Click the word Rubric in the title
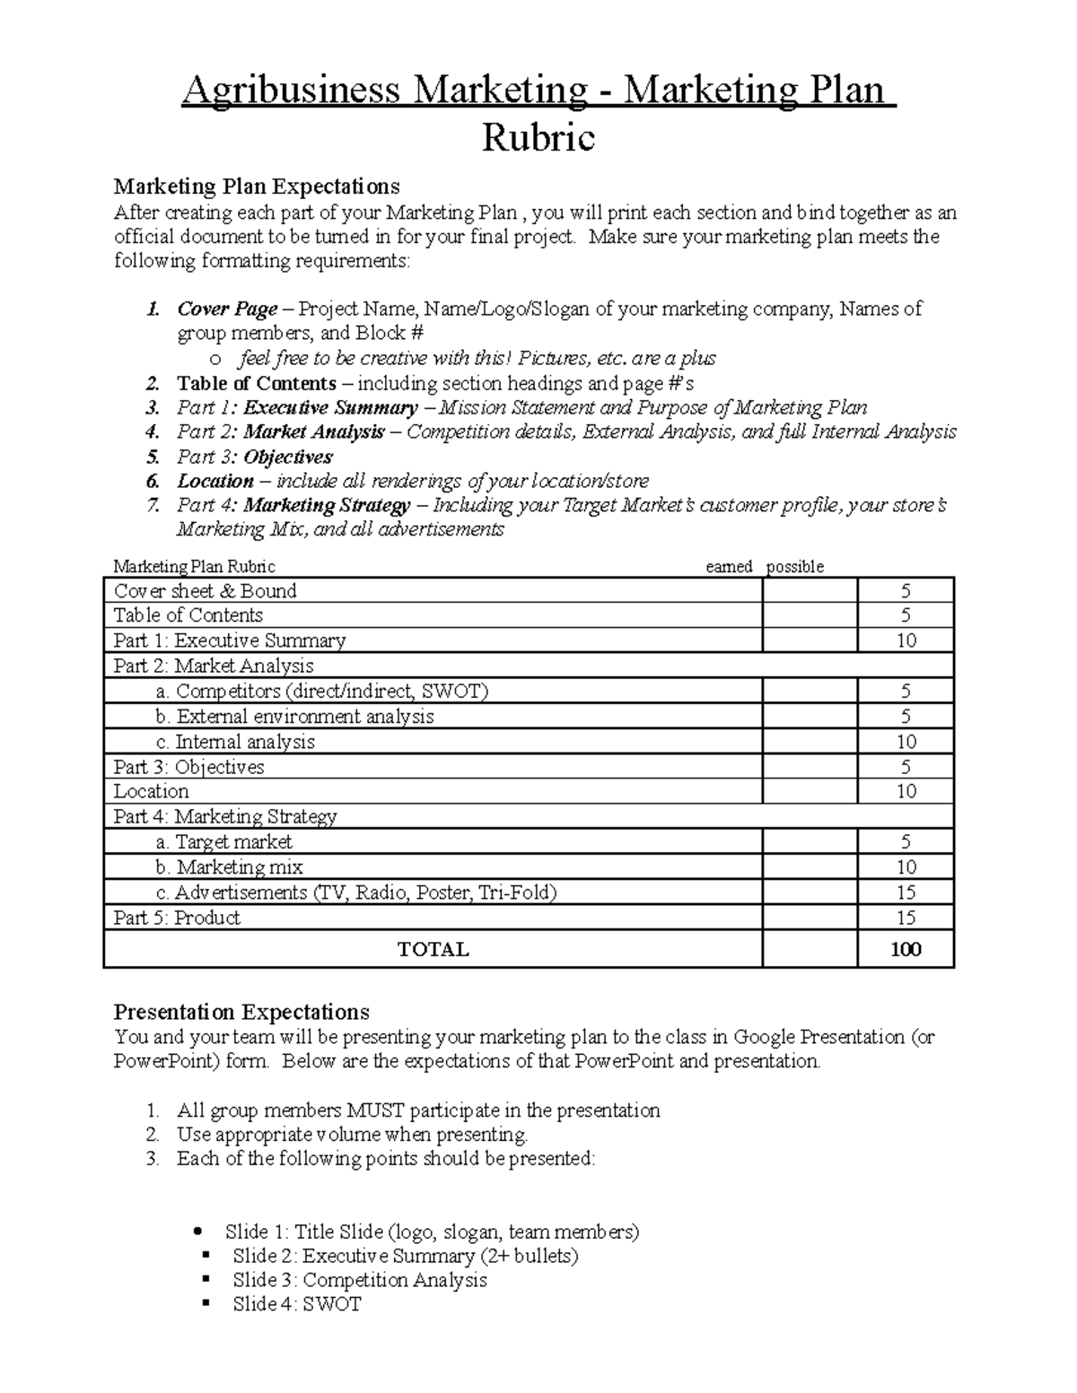(538, 138)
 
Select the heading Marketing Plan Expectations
(256, 187)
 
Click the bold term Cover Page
(227, 309)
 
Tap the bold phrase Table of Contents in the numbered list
(257, 384)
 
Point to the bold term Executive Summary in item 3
(330, 408)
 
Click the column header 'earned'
(729, 567)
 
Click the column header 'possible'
(794, 567)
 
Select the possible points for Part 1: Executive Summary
(906, 640)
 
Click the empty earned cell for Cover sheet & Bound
(810, 591)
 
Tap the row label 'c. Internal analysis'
(235, 742)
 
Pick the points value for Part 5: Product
(906, 918)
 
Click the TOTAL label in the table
(433, 949)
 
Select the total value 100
(906, 949)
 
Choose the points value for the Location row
(906, 791)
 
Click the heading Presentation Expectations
(241, 1012)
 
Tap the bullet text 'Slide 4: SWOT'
(296, 1304)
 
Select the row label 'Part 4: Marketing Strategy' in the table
(224, 816)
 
